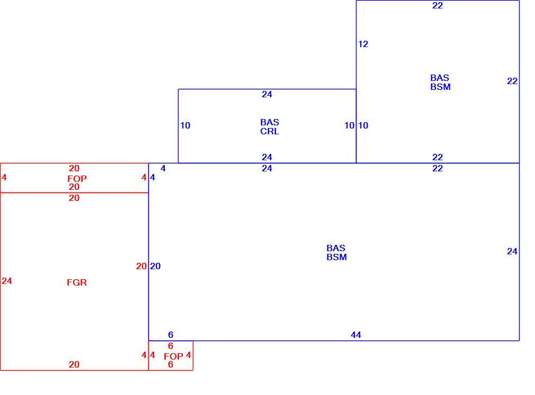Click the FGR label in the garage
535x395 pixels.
coord(77,282)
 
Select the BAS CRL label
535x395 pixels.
coord(270,127)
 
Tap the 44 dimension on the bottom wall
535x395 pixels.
coord(356,335)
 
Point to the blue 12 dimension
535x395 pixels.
coord(363,44)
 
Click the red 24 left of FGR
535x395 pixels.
coord(7,281)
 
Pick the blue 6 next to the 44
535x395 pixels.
coord(171,335)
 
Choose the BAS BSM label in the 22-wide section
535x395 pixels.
coord(440,82)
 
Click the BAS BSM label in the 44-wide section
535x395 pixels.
coord(336,253)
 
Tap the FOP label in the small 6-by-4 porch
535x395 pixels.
coord(173,356)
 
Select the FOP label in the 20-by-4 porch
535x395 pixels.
coord(77,178)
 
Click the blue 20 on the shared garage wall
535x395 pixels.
coord(155,266)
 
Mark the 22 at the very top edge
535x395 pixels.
coord(438,5)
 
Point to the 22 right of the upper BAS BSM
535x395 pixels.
coord(512,81)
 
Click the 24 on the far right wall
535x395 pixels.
coord(512,251)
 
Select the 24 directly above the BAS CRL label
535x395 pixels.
coord(267,94)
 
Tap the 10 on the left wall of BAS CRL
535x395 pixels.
coord(185,126)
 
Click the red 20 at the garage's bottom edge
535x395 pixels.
coord(74,364)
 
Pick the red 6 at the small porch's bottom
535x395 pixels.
coord(171,364)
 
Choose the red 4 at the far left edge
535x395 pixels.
coord(4,178)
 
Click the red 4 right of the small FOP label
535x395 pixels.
coord(189,355)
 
